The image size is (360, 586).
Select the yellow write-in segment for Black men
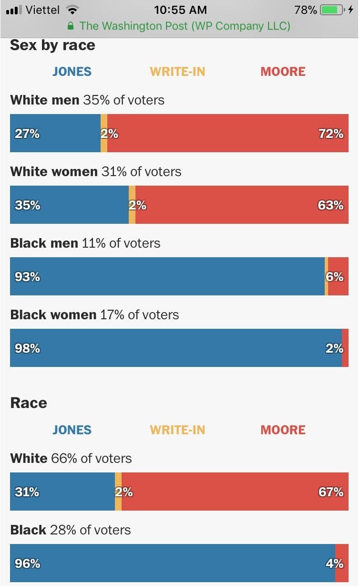(327, 276)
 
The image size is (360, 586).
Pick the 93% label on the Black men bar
(27, 277)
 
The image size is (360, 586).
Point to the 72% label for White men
(331, 134)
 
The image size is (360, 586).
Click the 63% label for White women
(330, 205)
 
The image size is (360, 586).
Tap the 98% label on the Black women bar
(27, 348)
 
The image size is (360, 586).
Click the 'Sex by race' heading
(52, 45)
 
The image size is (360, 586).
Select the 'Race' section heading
(29, 403)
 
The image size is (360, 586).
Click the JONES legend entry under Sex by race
(72, 72)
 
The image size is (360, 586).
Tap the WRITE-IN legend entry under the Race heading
(177, 429)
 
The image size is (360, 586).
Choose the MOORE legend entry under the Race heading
(283, 429)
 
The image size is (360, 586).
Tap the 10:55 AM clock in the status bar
(180, 10)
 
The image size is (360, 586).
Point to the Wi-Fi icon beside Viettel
(72, 10)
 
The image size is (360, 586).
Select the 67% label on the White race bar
(331, 492)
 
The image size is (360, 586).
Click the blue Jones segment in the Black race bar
(172, 563)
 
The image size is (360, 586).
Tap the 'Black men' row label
(44, 243)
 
